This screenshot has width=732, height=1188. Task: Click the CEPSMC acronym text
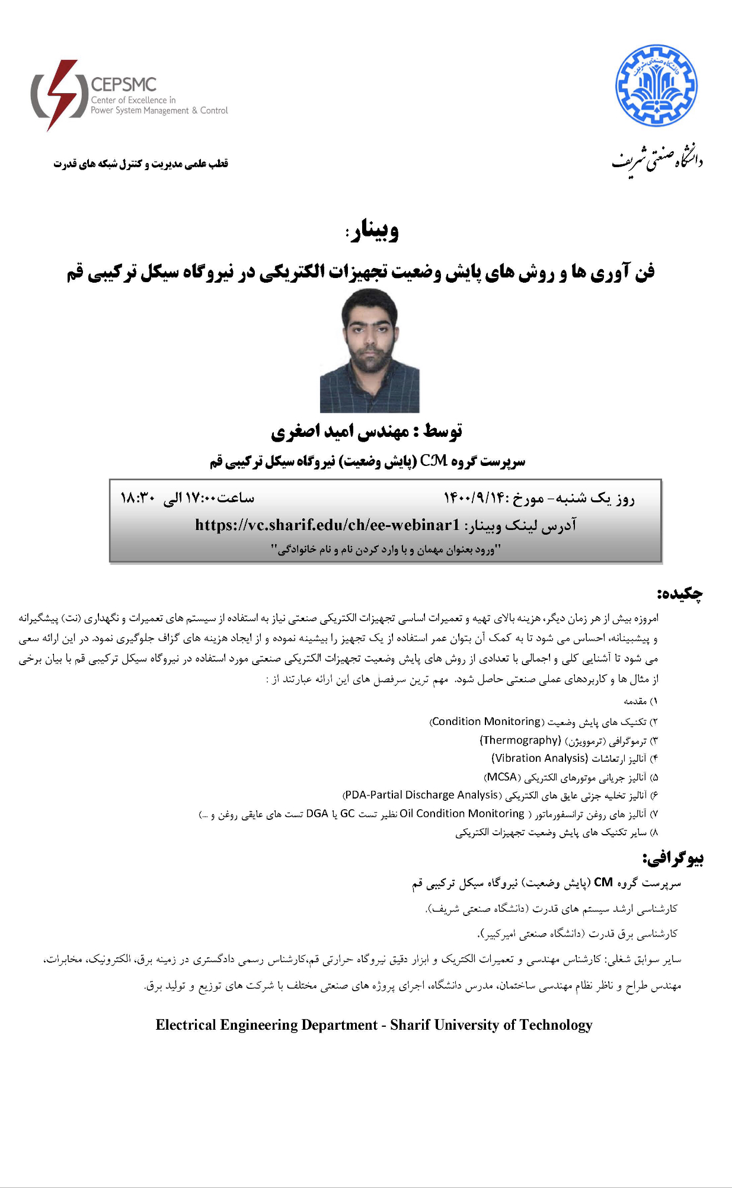point(123,85)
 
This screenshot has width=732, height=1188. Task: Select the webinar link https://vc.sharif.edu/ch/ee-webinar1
point(327,525)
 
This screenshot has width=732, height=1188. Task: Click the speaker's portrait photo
point(369,350)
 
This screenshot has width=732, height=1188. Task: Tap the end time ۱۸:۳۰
point(137,498)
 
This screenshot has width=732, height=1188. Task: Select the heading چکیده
point(679,593)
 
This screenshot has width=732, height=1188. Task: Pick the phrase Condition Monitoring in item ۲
point(486,721)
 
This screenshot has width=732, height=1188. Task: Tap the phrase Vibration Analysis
point(539,758)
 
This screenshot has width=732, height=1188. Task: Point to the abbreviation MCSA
point(501,777)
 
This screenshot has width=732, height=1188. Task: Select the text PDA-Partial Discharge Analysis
point(421,795)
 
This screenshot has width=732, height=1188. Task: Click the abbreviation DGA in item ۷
point(317,813)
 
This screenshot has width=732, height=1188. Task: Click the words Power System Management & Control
point(159,110)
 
